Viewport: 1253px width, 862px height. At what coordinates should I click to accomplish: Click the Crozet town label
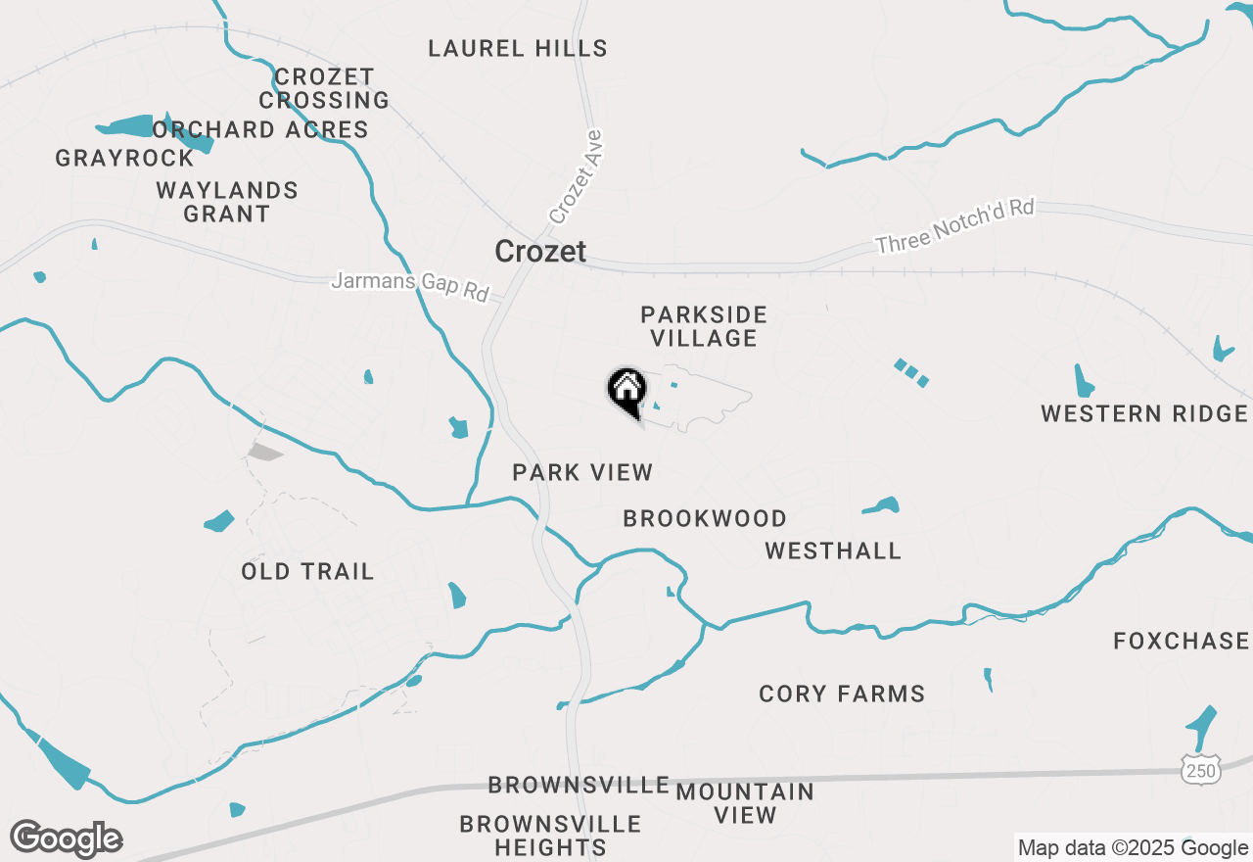pyautogui.click(x=540, y=252)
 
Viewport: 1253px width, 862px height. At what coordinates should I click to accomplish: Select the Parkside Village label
pyautogui.click(x=704, y=326)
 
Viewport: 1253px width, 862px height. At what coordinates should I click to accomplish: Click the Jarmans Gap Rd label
pyautogui.click(x=409, y=286)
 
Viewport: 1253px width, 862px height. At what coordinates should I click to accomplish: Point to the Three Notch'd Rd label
pyautogui.click(x=954, y=227)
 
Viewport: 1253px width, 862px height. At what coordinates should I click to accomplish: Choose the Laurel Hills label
pyautogui.click(x=518, y=48)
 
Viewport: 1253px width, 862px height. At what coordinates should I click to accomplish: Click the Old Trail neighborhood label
pyautogui.click(x=307, y=571)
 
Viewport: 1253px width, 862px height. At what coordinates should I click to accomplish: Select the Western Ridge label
pyautogui.click(x=1144, y=413)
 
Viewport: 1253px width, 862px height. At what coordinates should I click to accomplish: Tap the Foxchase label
pyautogui.click(x=1182, y=642)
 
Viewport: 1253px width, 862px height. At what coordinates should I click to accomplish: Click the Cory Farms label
pyautogui.click(x=842, y=694)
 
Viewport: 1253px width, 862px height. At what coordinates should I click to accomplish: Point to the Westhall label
pyautogui.click(x=833, y=551)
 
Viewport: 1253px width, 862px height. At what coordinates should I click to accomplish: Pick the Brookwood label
pyautogui.click(x=705, y=518)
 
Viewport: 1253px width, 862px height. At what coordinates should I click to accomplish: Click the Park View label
pyautogui.click(x=582, y=472)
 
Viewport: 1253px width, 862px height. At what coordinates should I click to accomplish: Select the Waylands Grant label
pyautogui.click(x=226, y=202)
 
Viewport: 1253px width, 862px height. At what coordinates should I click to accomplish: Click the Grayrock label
pyautogui.click(x=124, y=158)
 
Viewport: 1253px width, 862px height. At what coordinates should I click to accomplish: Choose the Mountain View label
pyautogui.click(x=745, y=803)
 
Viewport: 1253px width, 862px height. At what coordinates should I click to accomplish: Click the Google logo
pyautogui.click(x=66, y=838)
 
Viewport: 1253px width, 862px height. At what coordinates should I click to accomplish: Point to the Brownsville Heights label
pyautogui.click(x=550, y=836)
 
